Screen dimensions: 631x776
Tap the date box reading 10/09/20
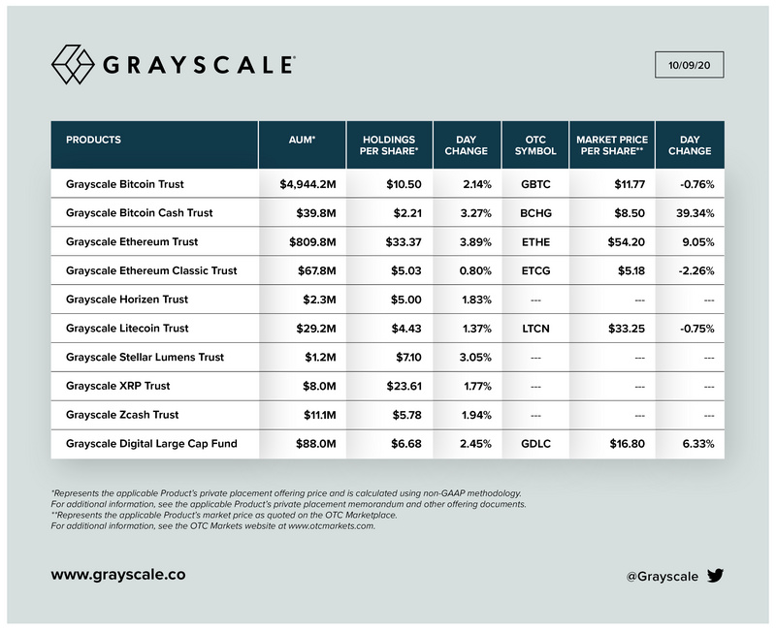click(x=690, y=66)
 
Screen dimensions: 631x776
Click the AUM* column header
click(x=302, y=140)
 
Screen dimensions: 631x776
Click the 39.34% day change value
click(x=690, y=212)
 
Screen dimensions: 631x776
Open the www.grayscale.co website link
click(x=118, y=575)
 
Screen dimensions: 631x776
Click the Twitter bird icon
click(x=715, y=576)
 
